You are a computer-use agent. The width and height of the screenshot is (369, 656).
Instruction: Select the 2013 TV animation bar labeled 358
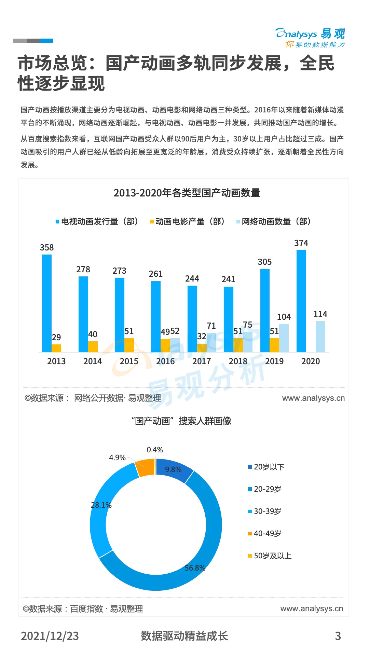[47, 303]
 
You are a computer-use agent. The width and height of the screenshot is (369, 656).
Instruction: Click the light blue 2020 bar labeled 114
[320, 337]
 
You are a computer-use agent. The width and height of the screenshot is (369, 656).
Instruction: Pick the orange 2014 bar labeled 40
[93, 346]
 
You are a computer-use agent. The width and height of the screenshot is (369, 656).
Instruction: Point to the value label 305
[265, 262]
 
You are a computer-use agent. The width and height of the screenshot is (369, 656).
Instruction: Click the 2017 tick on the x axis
[202, 361]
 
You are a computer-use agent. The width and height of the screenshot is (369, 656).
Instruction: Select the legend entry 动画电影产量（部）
[187, 221]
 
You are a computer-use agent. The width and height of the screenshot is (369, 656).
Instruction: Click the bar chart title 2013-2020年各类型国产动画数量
[187, 193]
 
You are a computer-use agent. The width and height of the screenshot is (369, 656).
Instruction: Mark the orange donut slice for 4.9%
[145, 467]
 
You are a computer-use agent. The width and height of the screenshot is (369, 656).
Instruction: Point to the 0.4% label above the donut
[155, 450]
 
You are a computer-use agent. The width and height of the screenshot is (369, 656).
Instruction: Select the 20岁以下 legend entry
[266, 467]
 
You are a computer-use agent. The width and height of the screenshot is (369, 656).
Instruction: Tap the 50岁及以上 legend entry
[270, 556]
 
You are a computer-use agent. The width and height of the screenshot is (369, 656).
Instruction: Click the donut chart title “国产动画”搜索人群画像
[181, 421]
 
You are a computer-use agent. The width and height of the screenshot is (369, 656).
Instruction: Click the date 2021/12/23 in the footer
[50, 636]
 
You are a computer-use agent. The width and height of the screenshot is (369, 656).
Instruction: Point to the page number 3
[338, 636]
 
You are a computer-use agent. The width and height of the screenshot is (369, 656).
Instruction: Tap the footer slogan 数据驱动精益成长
[184, 636]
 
